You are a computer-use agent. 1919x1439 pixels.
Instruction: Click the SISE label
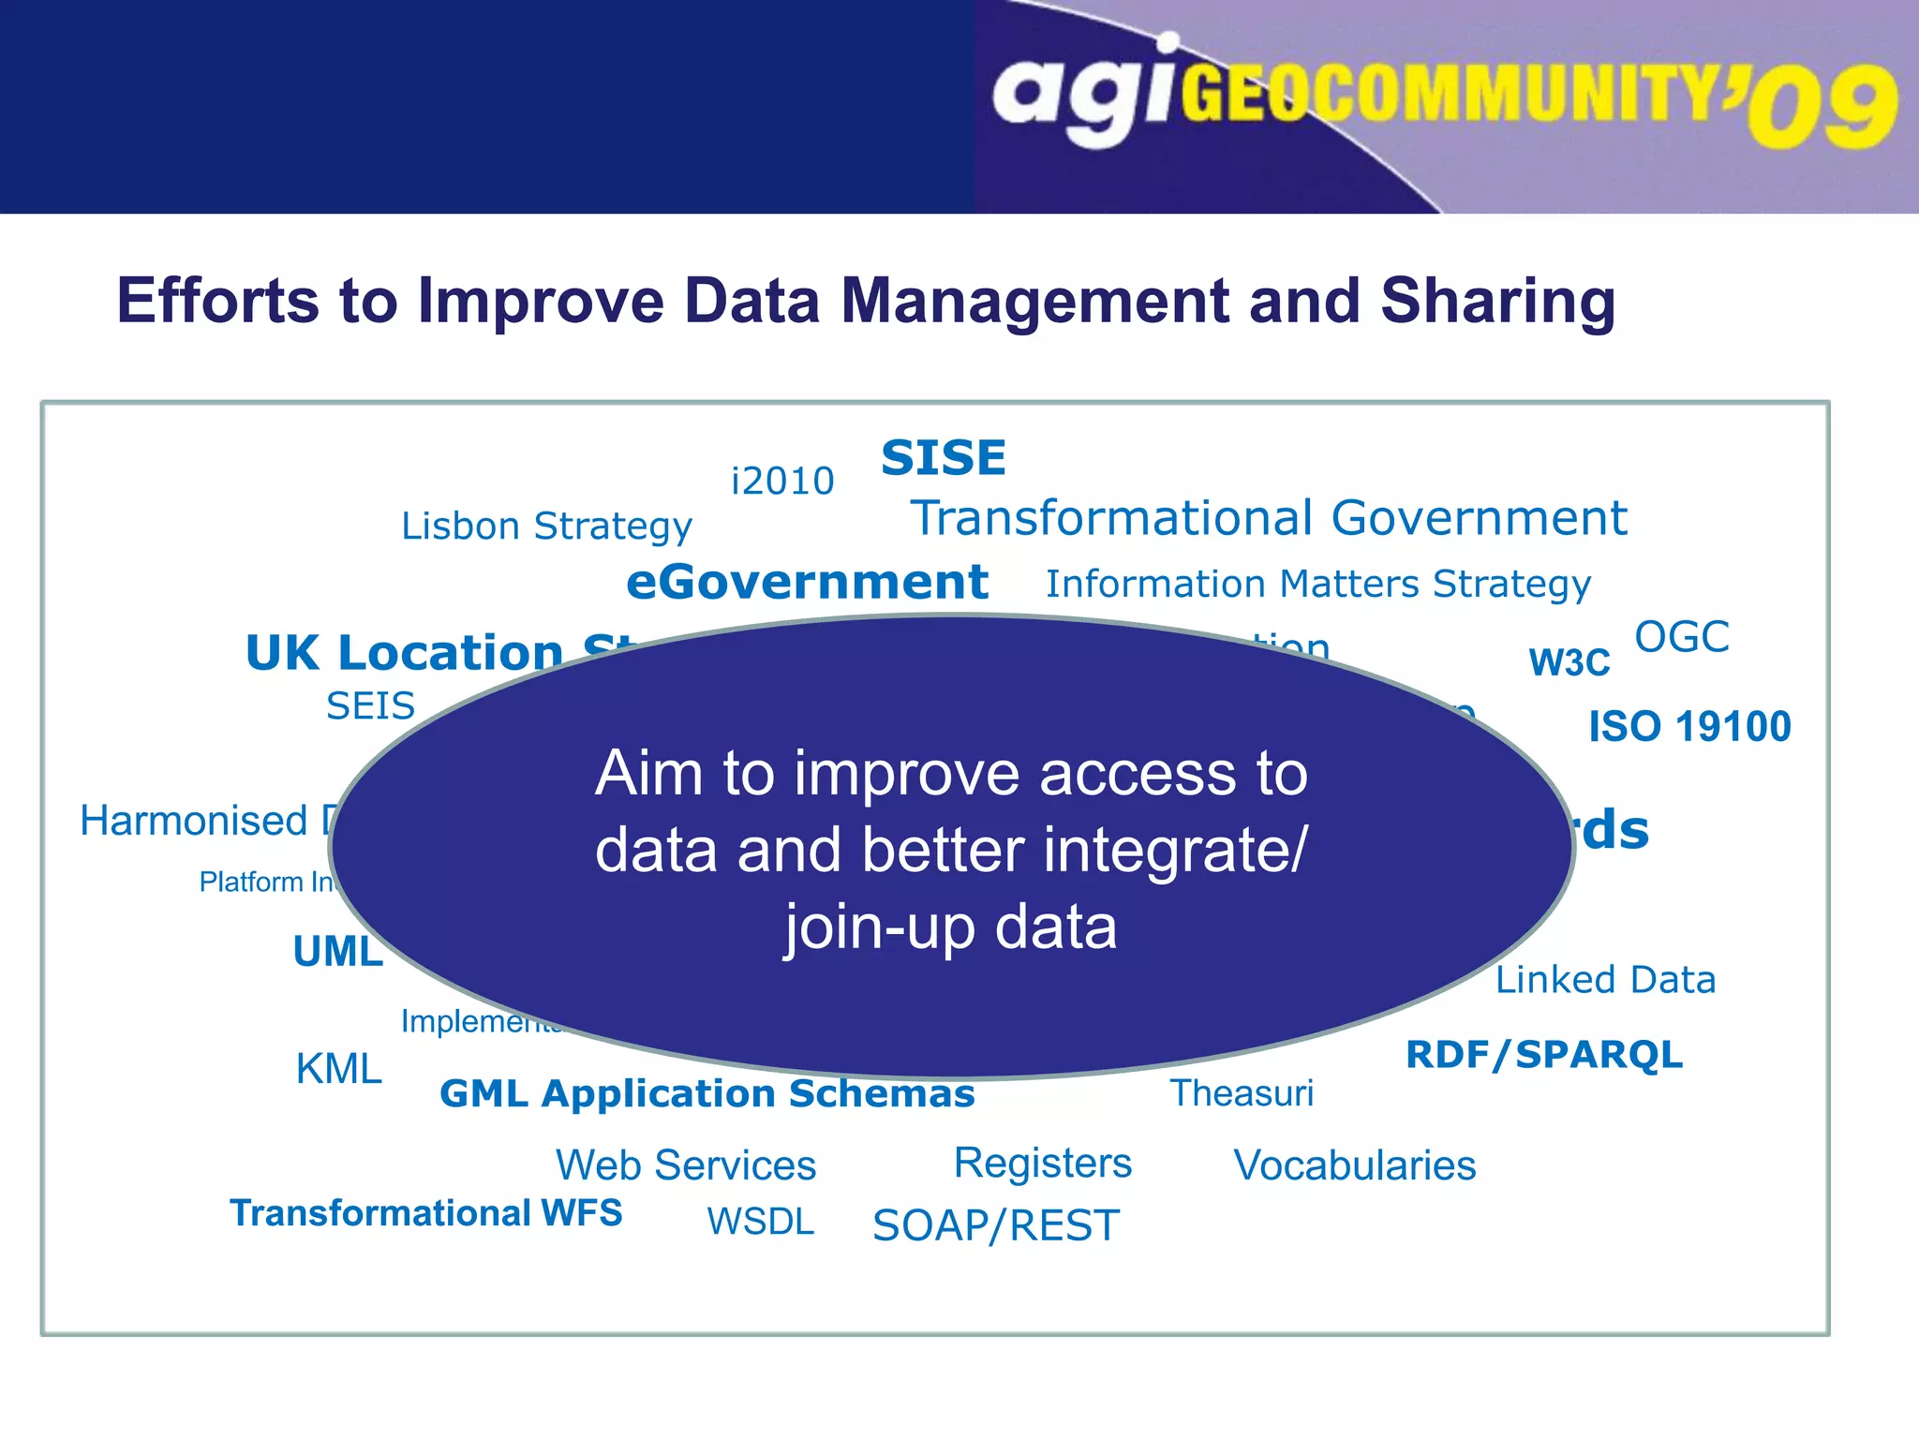tap(944, 458)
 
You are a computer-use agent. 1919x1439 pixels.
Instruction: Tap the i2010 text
tap(782, 482)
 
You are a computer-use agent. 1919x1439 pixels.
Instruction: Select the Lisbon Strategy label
tap(546, 527)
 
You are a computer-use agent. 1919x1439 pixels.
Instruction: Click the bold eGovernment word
tap(807, 582)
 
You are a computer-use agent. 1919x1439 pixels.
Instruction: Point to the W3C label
tap(1569, 663)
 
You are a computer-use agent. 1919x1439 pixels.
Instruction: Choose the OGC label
tap(1681, 637)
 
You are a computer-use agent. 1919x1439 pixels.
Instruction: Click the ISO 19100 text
tap(1689, 727)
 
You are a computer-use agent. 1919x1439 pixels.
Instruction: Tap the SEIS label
tap(370, 706)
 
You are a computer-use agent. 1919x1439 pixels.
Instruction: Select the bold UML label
tap(337, 952)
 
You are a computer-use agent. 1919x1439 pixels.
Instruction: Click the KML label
tap(338, 1069)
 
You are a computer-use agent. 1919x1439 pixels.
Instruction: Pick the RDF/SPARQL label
tap(1544, 1055)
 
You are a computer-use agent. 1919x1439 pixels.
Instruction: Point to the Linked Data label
tap(1605, 980)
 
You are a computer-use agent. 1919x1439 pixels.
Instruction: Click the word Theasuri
tap(1242, 1093)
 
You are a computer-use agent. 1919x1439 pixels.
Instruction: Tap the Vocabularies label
tap(1355, 1166)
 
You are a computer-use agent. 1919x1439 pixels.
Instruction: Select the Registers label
tap(1043, 1164)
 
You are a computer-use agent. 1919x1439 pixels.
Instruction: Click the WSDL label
tap(761, 1222)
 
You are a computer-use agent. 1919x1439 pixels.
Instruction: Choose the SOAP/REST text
tap(996, 1226)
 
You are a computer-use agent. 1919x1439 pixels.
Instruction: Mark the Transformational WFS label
tap(426, 1213)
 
